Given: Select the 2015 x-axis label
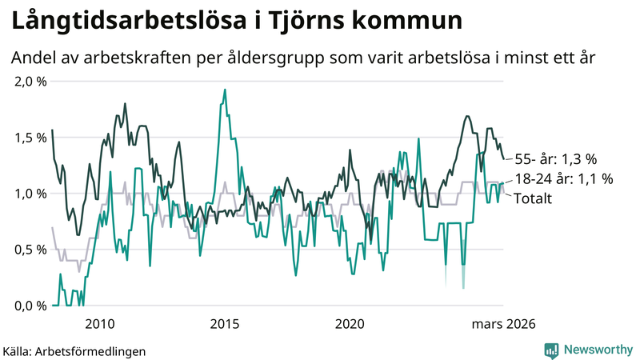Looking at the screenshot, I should [x=225, y=324].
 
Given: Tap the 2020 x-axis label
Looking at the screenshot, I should [x=350, y=324].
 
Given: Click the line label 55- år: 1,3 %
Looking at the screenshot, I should [x=556, y=158].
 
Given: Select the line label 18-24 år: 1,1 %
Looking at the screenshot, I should [x=563, y=179].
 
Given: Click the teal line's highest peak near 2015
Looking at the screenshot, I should [x=225, y=90].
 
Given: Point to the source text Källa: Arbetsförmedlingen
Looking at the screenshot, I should [x=74, y=350].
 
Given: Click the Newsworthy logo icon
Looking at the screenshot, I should [x=551, y=350].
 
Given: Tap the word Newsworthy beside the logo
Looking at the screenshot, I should [x=598, y=350].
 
